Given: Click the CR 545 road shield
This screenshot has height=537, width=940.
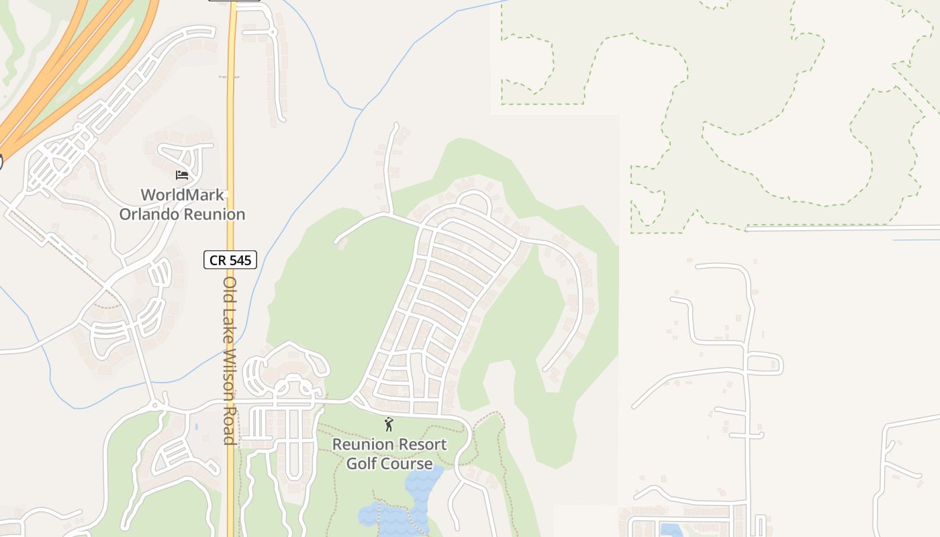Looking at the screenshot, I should pos(230,260).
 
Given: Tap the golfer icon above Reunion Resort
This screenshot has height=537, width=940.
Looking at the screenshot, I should pos(388,424).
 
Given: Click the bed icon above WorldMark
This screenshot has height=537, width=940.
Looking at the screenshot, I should pos(181,175).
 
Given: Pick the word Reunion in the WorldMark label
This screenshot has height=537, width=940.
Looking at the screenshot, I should pos(216,215).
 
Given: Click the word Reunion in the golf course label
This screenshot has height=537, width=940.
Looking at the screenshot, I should pos(361,444).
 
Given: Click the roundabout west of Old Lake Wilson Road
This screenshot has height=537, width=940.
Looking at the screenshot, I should pos(156,405).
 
